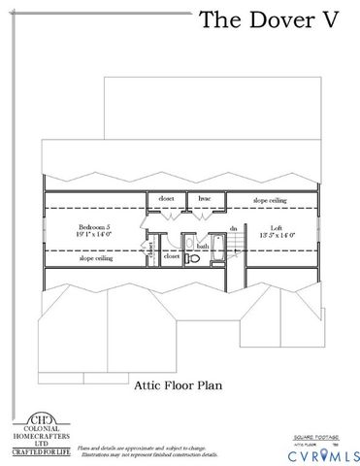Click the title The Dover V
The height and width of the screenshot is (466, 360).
click(269, 20)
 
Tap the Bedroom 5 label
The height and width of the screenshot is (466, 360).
click(94, 226)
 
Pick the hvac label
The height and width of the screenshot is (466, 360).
click(205, 199)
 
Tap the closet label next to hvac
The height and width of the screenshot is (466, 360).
click(167, 199)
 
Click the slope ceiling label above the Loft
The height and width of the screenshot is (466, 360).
click(270, 200)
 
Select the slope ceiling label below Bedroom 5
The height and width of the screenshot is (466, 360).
click(96, 259)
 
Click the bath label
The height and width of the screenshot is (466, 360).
click(203, 247)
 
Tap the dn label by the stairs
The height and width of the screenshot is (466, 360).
click(233, 229)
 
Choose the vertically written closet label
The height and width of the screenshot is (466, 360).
click(152, 249)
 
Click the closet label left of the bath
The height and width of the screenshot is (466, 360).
click(171, 257)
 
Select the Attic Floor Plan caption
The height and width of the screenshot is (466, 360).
click(179, 384)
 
